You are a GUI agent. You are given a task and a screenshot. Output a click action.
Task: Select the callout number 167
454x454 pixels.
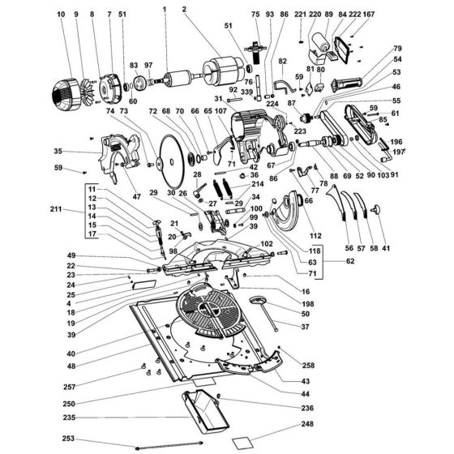(x=369, y=15)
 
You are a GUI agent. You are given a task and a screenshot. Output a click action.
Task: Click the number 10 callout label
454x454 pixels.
(x=63, y=15)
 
